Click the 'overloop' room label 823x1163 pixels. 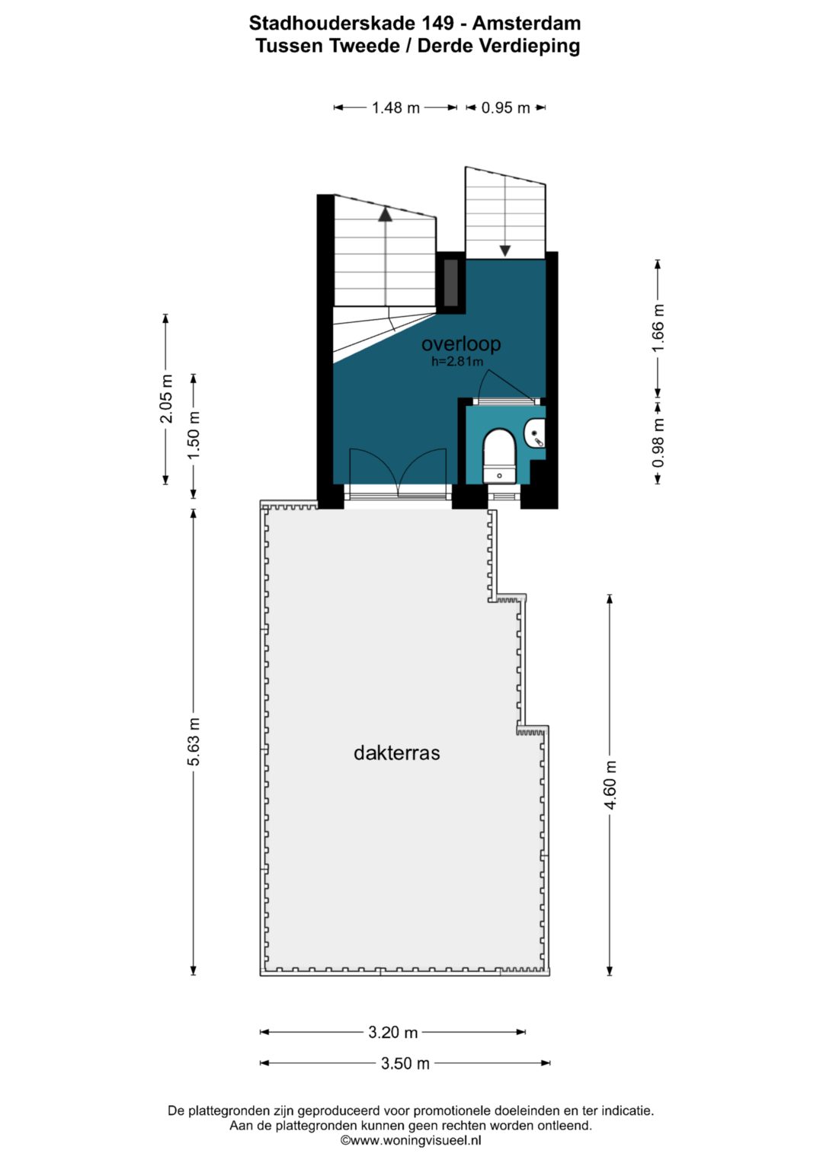pyautogui.click(x=461, y=343)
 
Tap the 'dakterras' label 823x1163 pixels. pyautogui.click(x=396, y=752)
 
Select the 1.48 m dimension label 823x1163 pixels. pyautogui.click(x=395, y=107)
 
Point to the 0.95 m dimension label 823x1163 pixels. pyautogui.click(x=505, y=107)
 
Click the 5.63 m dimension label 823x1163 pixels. pyautogui.click(x=194, y=742)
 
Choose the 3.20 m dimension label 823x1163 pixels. pyautogui.click(x=392, y=1032)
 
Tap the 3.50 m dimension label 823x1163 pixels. pyautogui.click(x=405, y=1063)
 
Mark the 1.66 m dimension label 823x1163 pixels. pyautogui.click(x=658, y=328)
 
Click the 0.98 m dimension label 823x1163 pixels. pyautogui.click(x=658, y=443)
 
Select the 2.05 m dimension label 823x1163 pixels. pyautogui.click(x=166, y=399)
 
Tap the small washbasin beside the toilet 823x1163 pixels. pyautogui.click(x=536, y=434)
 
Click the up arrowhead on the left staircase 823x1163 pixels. pyautogui.click(x=385, y=214)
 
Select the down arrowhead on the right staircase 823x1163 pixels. pyautogui.click(x=505, y=251)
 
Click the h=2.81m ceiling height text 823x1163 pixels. pyautogui.click(x=457, y=361)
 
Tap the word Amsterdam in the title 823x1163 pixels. pyautogui.click(x=527, y=24)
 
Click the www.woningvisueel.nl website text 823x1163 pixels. pyautogui.click(x=411, y=1140)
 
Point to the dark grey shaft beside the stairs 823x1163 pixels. pyautogui.click(x=451, y=283)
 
